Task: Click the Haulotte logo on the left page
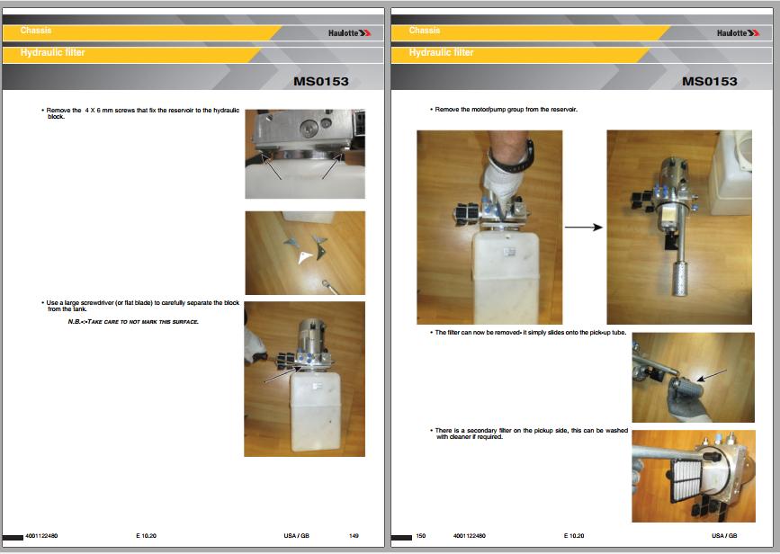coord(349,32)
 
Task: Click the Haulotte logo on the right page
coord(738,32)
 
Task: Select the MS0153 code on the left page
coord(321,81)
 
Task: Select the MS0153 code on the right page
coord(709,81)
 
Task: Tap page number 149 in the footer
coord(354,536)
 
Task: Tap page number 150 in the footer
coord(421,536)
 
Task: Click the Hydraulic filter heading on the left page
coord(53,52)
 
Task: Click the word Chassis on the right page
coord(425,31)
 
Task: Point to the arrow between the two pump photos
coord(584,228)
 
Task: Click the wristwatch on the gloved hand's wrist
coord(525,153)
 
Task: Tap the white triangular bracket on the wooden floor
coord(304,256)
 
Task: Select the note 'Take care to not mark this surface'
coord(133,322)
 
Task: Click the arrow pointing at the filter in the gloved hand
coord(712,375)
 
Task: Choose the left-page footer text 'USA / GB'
coord(297,536)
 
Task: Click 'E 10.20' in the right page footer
coord(574,536)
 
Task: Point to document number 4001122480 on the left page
coord(41,536)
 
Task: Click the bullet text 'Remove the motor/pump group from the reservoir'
coord(506,110)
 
